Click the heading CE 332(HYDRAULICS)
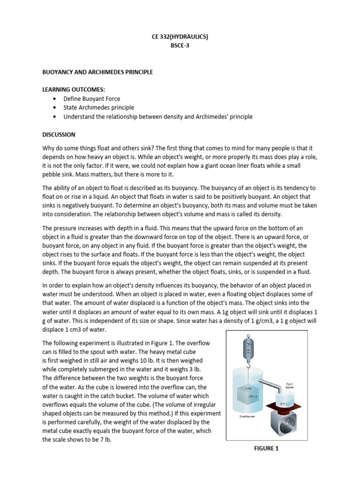(180, 36)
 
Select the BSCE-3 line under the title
(180, 45)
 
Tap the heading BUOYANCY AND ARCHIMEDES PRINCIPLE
(97, 72)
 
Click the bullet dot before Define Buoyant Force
(55, 99)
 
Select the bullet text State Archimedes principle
(99, 108)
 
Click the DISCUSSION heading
(59, 135)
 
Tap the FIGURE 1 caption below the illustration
(266, 449)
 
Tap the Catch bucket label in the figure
(290, 385)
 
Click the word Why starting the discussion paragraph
(49, 149)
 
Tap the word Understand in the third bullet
(80, 117)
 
